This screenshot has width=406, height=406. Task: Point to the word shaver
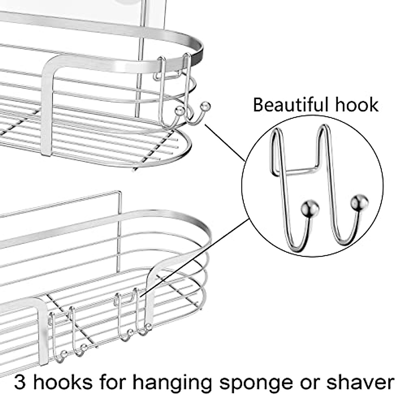(x=360, y=382)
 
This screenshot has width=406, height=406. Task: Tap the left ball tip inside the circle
(x=307, y=206)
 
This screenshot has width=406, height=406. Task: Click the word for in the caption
(x=110, y=382)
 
